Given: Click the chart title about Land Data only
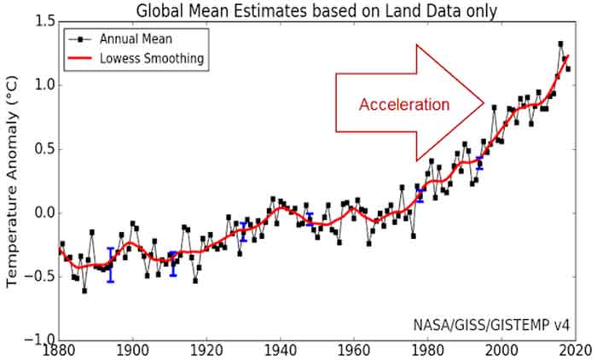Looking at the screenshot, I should click(316, 10).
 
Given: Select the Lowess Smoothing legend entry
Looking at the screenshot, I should click(142, 58).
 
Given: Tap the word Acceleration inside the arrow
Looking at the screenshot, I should click(403, 105).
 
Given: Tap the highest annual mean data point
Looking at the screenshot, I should click(560, 44).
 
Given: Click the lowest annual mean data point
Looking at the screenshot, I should click(84, 291).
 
